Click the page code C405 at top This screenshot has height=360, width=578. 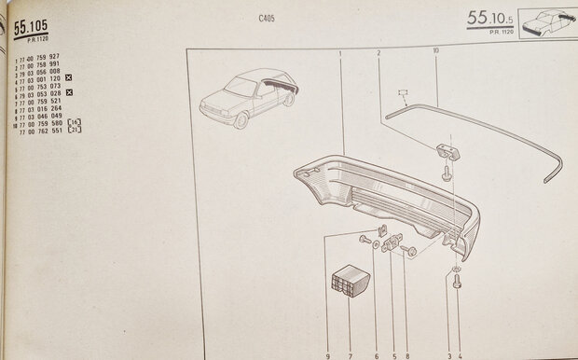[267, 19]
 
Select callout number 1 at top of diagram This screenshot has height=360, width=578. [341, 53]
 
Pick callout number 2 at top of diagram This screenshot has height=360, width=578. [378, 53]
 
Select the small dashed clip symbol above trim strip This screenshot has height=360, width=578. [404, 93]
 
